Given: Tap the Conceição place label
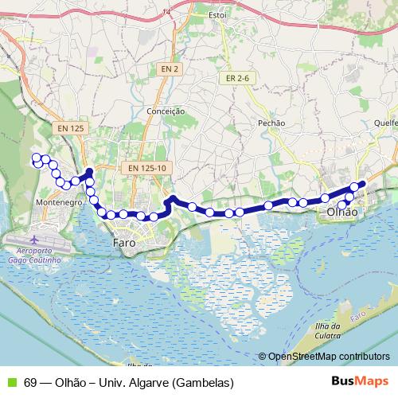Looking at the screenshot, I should point(166,111).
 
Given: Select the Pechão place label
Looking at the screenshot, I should point(271,123).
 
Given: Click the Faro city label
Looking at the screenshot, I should point(124,241).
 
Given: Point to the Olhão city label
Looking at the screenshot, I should point(343,213).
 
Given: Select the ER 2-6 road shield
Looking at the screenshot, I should point(237,78).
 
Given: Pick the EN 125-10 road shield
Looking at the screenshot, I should point(146,168).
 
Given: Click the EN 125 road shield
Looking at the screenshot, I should point(71,128).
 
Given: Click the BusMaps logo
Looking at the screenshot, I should point(360,380).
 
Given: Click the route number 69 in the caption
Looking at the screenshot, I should point(30,381).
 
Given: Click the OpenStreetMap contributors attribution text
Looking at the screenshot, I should point(330,356).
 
